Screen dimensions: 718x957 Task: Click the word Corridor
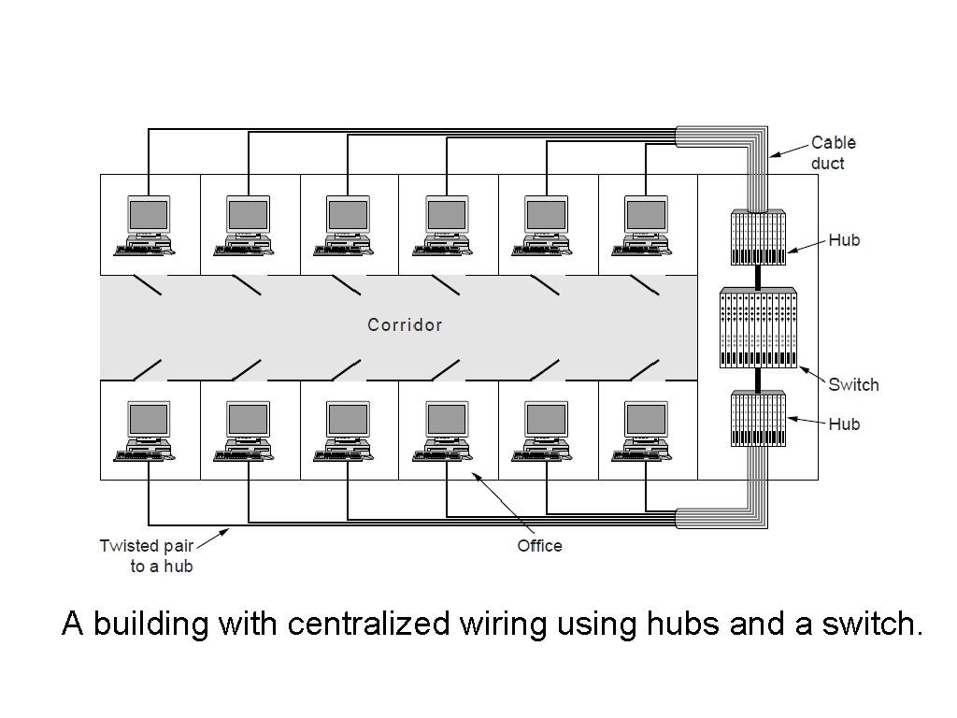tap(405, 325)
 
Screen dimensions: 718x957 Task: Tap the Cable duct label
tap(832, 152)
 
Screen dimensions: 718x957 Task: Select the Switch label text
tap(853, 384)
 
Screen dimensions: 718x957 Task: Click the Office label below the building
tap(539, 545)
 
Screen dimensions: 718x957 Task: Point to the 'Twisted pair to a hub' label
tap(146, 555)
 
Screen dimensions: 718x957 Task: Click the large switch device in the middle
tap(758, 327)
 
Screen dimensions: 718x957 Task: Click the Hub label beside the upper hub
tap(844, 240)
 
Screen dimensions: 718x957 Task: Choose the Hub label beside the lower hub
tap(844, 424)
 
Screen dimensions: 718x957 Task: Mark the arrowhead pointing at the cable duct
tap(773, 154)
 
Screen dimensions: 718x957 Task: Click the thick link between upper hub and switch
tap(758, 277)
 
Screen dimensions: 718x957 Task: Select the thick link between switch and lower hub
tap(758, 380)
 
